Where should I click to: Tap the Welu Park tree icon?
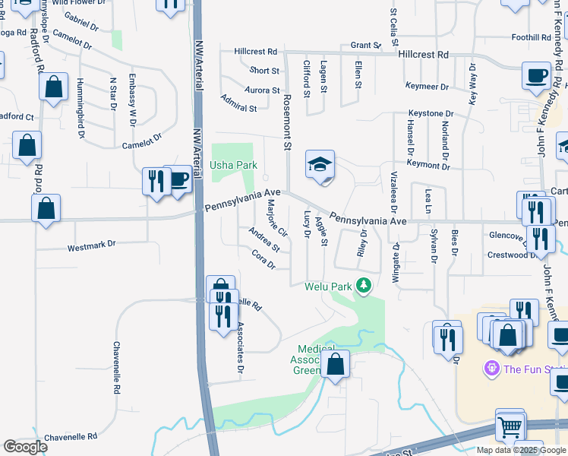pos(364,286)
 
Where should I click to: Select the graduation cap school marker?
pos(320,165)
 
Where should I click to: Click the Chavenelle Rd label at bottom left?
pos(71,437)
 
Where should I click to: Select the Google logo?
pos(25,446)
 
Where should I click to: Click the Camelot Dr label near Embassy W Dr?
pos(143,141)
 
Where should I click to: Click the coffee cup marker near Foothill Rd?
pos(537,76)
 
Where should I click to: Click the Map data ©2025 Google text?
pos(521,450)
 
